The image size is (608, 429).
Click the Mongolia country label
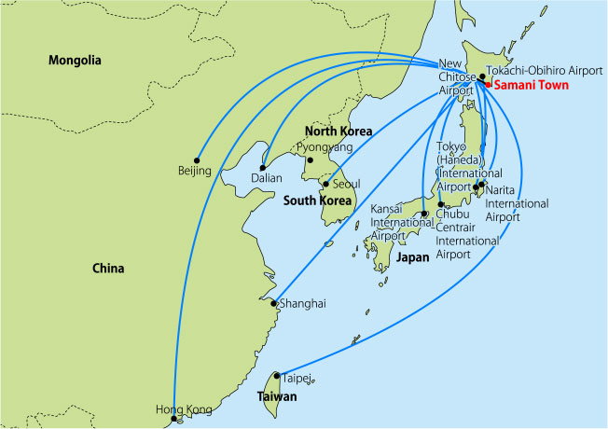pyautogui.click(x=74, y=61)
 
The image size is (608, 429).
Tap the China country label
pyautogui.click(x=108, y=269)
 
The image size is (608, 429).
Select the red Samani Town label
pyautogui.click(x=530, y=85)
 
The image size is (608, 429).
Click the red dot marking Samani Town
pyautogui.click(x=488, y=85)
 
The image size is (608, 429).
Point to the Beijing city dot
pyautogui.click(x=196, y=158)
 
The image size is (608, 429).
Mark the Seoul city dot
pyautogui.click(x=325, y=184)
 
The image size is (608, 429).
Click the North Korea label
pyautogui.click(x=339, y=131)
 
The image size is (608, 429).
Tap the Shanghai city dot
pyautogui.click(x=273, y=303)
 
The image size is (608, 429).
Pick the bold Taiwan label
pyautogui.click(x=278, y=396)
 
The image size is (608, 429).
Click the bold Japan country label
pyautogui.click(x=413, y=257)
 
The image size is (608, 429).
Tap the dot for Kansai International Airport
pyautogui.click(x=424, y=214)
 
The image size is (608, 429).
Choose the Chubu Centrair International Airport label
pyautogui.click(x=467, y=234)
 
